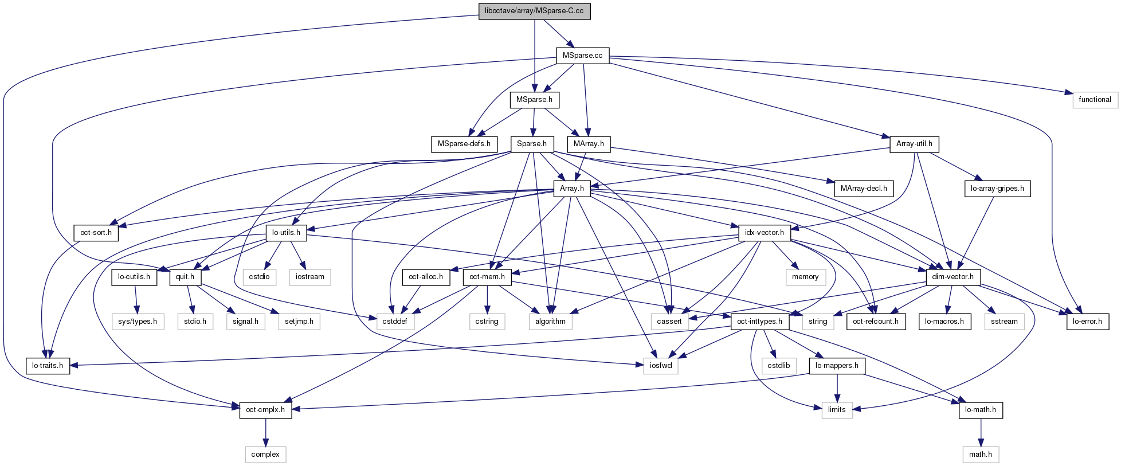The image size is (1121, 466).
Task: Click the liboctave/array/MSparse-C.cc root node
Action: click(x=534, y=11)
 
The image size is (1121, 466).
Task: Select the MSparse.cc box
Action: click(x=582, y=56)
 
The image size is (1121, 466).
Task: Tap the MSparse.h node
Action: click(x=534, y=100)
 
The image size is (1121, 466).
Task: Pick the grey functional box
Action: click(x=1095, y=100)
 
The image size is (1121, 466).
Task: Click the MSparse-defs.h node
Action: click(x=464, y=144)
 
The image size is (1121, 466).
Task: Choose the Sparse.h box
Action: click(x=531, y=144)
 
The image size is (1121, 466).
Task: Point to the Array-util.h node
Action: click(x=914, y=144)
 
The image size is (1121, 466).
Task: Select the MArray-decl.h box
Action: click(x=863, y=188)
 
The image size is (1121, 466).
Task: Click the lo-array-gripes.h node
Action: click(x=997, y=188)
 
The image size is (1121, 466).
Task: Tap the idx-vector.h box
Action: click(x=765, y=233)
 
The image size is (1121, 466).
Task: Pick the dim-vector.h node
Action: click(x=953, y=277)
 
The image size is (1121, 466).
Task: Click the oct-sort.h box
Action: click(x=96, y=233)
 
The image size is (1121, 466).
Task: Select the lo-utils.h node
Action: click(x=286, y=233)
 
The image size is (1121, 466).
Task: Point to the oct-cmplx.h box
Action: click(x=265, y=410)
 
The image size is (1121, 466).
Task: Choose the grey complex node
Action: click(x=265, y=455)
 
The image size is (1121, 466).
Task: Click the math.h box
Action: click(x=980, y=455)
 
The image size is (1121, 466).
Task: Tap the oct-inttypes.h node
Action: click(x=759, y=322)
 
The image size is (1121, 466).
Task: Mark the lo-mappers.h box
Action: click(x=837, y=366)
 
